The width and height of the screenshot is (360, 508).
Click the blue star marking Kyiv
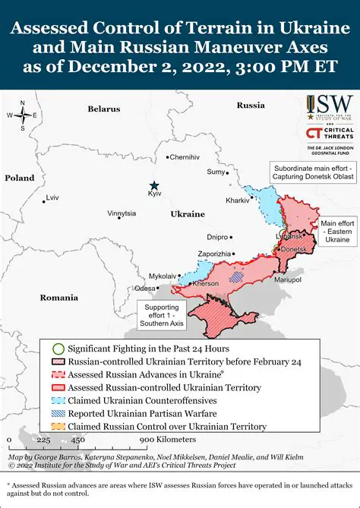pos(154,185)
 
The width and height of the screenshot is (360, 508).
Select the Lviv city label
pos(52,197)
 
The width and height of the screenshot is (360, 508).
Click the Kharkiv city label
pos(237,200)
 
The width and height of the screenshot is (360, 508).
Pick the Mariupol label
pos(288,280)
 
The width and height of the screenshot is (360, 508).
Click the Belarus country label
pos(104,109)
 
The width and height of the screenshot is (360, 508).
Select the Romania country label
pos(59,297)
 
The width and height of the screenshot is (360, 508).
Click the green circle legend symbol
pos(58,347)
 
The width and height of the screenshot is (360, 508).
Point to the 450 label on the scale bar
pos(77,440)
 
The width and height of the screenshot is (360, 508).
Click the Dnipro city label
pos(217,237)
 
